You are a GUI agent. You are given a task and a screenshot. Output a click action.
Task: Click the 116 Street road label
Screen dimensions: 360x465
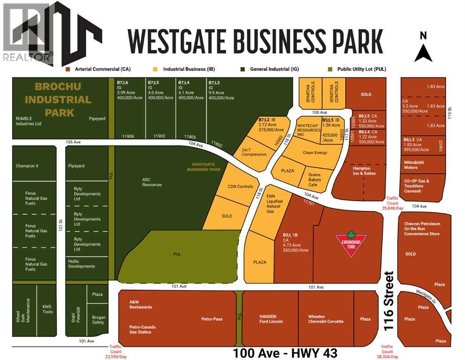click(x=388, y=301)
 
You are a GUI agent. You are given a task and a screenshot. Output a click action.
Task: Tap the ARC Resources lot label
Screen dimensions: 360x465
click(x=152, y=181)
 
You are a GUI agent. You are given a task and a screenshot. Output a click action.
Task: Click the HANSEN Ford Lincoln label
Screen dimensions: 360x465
click(x=271, y=319)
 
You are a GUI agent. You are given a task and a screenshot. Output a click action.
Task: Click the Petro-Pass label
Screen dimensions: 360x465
click(x=212, y=319)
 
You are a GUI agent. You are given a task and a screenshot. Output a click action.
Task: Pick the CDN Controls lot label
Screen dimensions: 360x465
click(x=240, y=187)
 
